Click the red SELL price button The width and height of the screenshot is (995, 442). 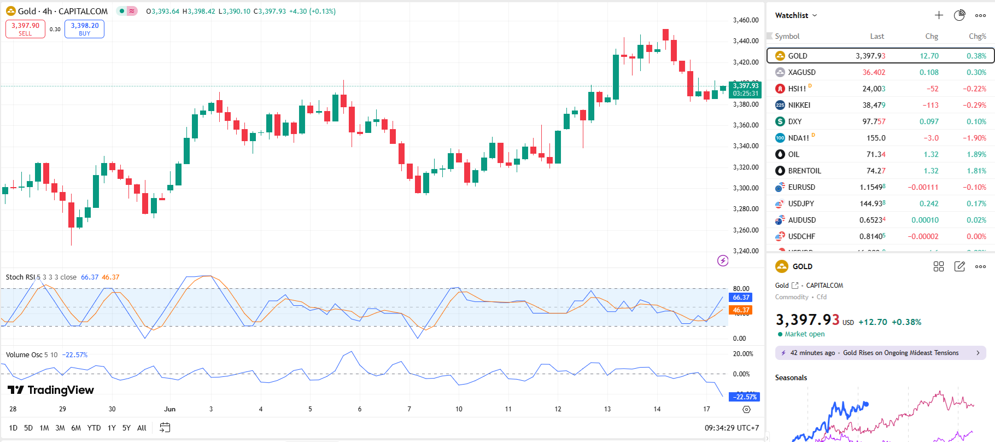(25, 29)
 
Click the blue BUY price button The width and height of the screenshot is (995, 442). (84, 29)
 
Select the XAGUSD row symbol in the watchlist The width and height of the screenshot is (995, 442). (801, 72)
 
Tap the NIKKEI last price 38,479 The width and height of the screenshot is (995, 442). (874, 105)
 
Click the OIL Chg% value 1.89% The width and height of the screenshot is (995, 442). (976, 154)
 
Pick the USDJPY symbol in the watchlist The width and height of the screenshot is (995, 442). (801, 203)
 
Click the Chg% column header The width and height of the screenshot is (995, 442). (977, 36)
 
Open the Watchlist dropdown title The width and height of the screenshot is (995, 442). (795, 15)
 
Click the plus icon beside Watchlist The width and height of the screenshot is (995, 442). (939, 15)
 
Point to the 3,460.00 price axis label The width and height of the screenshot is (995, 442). (746, 20)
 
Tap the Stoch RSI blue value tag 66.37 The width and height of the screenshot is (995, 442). (741, 298)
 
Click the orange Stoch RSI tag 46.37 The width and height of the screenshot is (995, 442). (741, 310)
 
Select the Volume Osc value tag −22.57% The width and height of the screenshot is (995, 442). (745, 397)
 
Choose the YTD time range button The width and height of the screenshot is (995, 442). (94, 428)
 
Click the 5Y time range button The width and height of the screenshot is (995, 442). (126, 428)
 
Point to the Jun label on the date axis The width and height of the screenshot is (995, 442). (169, 409)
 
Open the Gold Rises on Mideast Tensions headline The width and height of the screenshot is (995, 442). (900, 353)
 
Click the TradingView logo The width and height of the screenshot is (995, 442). (51, 390)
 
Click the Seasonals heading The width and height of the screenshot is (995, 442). (791, 377)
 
